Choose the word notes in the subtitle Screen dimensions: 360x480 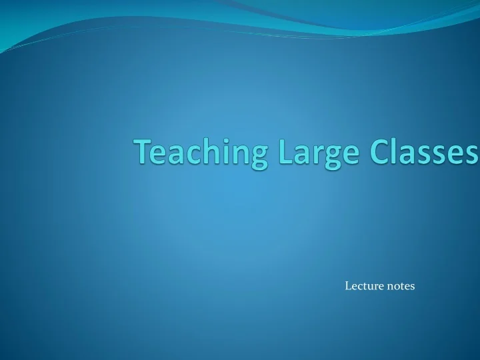tap(400, 286)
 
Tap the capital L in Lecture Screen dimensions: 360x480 tap(348, 286)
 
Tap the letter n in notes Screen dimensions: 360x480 tap(389, 287)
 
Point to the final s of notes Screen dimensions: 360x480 tap(412, 287)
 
